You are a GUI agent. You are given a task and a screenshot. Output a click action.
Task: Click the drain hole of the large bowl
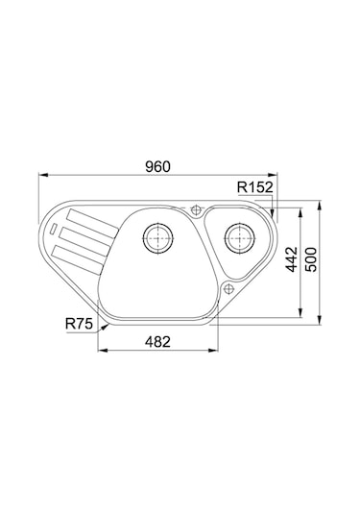pos(157,235)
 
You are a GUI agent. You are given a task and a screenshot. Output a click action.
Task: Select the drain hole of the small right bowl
pos(235,234)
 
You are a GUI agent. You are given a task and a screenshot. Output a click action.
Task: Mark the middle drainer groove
pos(80,234)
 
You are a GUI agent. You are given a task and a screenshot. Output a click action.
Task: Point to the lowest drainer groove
pos(77,251)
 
